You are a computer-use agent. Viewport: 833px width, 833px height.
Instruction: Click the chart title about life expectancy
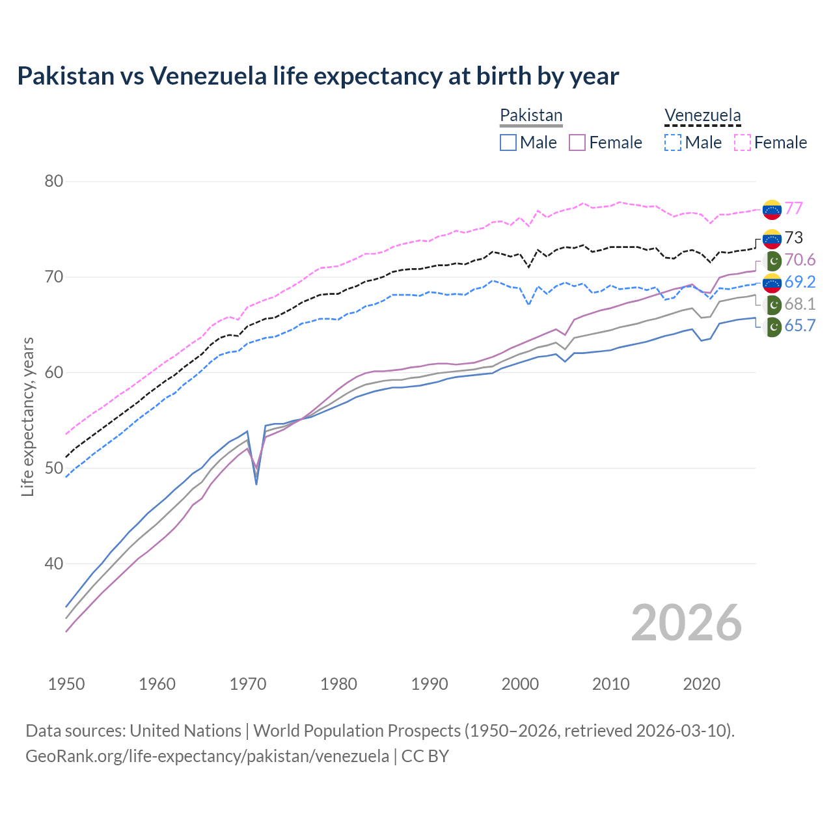click(x=318, y=76)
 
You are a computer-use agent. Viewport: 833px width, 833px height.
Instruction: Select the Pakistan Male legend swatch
click(x=508, y=143)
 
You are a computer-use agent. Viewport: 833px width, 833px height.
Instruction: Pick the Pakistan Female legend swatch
click(x=577, y=143)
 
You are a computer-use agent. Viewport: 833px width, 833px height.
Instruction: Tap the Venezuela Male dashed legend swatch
click(x=673, y=143)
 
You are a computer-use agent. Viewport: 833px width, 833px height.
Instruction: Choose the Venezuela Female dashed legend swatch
click(x=743, y=143)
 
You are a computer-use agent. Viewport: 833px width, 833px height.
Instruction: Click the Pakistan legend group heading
click(x=531, y=115)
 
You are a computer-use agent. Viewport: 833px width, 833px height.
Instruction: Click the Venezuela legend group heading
click(x=702, y=115)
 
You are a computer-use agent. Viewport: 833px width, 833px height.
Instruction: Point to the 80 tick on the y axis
click(x=54, y=182)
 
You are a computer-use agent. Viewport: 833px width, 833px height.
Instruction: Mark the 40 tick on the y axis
click(x=54, y=564)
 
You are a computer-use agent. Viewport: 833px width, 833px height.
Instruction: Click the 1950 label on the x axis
click(x=66, y=684)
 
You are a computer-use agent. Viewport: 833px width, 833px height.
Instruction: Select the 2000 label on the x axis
click(x=520, y=684)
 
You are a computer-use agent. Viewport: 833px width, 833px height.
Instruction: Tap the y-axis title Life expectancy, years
click(x=28, y=416)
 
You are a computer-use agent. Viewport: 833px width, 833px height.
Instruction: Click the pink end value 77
click(x=793, y=208)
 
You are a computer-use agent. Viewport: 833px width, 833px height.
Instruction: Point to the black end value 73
click(x=793, y=238)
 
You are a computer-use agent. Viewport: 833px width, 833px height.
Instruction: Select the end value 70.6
click(x=800, y=260)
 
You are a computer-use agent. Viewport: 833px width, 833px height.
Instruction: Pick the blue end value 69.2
click(x=800, y=282)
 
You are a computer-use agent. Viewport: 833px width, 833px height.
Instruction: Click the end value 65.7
click(x=800, y=325)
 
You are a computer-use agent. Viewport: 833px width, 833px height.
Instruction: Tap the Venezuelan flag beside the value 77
click(x=772, y=210)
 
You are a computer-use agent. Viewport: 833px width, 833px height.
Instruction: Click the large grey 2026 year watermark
click(x=686, y=623)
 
